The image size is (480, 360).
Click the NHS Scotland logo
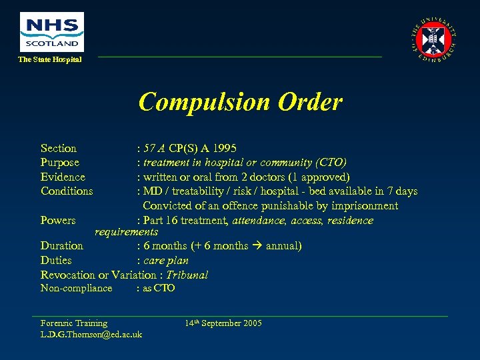click(x=51, y=32)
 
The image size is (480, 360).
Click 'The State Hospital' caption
click(x=50, y=60)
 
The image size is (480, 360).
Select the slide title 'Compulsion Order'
click(x=240, y=102)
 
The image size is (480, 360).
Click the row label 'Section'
click(x=59, y=148)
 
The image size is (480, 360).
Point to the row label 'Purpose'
click(x=60, y=163)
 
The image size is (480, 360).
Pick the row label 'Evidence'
click(x=63, y=177)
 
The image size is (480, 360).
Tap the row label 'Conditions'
click(x=67, y=191)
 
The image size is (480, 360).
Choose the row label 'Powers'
click(x=58, y=221)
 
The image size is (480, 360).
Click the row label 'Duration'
click(x=62, y=246)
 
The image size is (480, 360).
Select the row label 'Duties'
click(x=56, y=261)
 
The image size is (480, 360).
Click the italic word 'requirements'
click(x=127, y=232)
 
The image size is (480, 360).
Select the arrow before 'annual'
click(x=257, y=246)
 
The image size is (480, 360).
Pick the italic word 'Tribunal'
click(x=187, y=275)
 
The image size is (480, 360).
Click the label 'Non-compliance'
click(x=76, y=288)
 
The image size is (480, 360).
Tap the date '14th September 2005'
click(x=223, y=323)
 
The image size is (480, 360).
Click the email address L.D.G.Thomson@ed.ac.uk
click(x=91, y=334)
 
